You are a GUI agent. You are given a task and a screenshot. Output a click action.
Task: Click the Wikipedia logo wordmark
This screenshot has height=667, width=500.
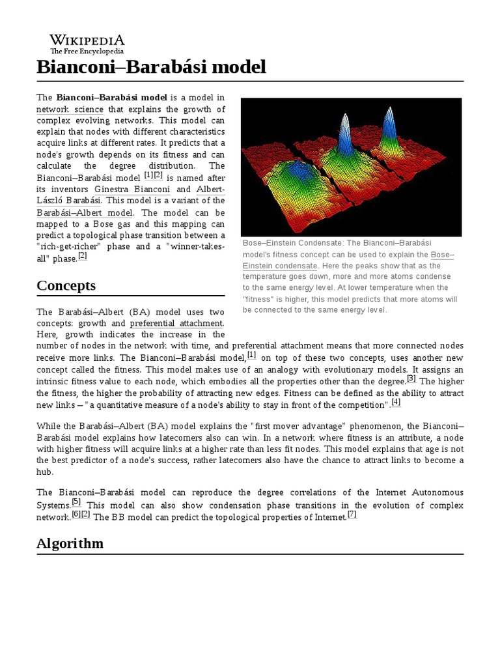(x=87, y=40)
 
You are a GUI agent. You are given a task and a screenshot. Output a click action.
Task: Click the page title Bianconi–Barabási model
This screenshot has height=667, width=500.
(x=151, y=66)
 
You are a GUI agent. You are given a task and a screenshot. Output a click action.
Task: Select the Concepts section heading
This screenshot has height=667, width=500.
(x=66, y=285)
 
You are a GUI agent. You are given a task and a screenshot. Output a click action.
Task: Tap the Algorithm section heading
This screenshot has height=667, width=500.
(x=70, y=543)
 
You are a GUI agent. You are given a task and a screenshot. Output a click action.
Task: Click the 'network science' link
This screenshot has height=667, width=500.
(x=70, y=109)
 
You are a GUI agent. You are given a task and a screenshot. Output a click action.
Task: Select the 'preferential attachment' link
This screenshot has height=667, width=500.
(x=176, y=323)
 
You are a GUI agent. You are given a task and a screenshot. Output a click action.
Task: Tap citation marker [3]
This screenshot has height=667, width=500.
(x=411, y=378)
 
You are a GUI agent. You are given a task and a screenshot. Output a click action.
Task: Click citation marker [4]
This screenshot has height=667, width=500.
(x=396, y=403)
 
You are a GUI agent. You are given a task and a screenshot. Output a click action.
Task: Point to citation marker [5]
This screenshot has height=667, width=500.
(x=76, y=502)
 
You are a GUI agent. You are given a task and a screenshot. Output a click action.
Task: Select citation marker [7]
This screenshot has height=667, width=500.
(x=352, y=515)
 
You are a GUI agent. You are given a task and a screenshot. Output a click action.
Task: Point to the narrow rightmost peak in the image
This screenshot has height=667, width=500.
(x=389, y=124)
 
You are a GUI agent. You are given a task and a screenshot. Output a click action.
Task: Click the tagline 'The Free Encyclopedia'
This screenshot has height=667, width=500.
(x=87, y=51)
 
